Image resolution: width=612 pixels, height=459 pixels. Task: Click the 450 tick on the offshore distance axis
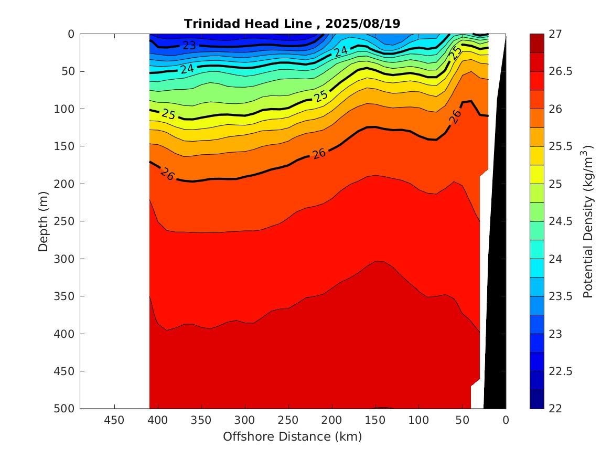[x=114, y=420]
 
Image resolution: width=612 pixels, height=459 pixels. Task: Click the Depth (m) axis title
[x=44, y=221]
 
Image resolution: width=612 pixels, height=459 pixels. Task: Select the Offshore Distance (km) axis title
[x=292, y=436]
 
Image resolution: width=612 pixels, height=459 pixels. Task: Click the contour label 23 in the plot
[x=189, y=46]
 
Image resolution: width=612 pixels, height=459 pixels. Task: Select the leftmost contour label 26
[x=168, y=175]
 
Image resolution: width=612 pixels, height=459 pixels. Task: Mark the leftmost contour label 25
[x=169, y=114]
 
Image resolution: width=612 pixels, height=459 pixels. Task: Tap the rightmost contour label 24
[x=341, y=51]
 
